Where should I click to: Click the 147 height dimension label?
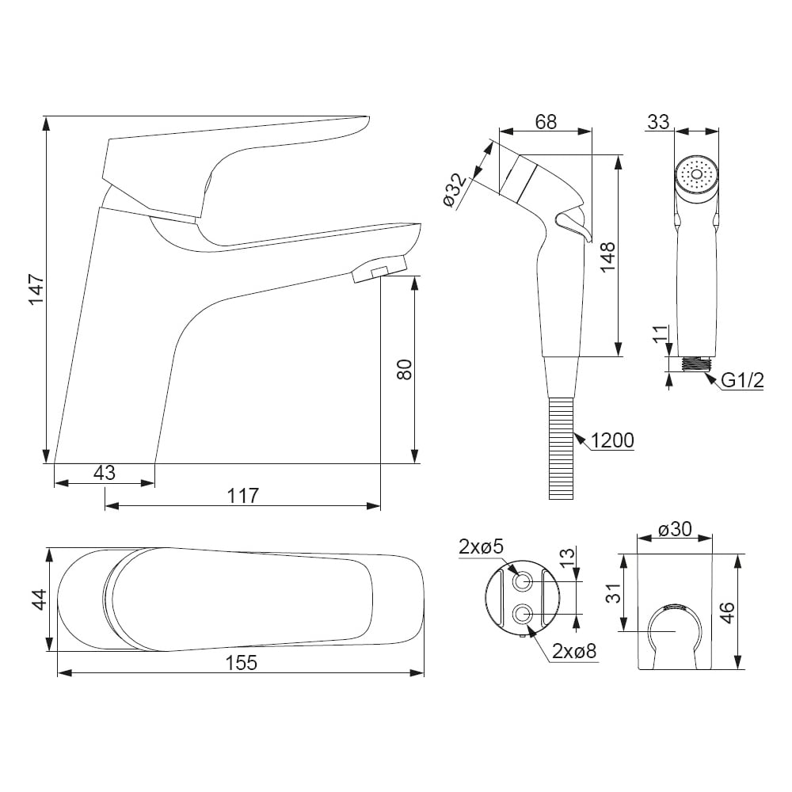[x=37, y=289]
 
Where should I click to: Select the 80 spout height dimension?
[x=405, y=369]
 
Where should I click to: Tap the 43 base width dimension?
[x=105, y=473]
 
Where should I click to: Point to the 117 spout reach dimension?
[x=243, y=496]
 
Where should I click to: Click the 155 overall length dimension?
[x=242, y=663]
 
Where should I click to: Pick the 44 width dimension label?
[x=39, y=600]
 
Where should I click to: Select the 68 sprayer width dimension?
[x=546, y=122]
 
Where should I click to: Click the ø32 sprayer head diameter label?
[x=455, y=190]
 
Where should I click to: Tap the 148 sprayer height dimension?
[x=607, y=257]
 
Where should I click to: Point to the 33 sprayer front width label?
[x=658, y=122]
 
